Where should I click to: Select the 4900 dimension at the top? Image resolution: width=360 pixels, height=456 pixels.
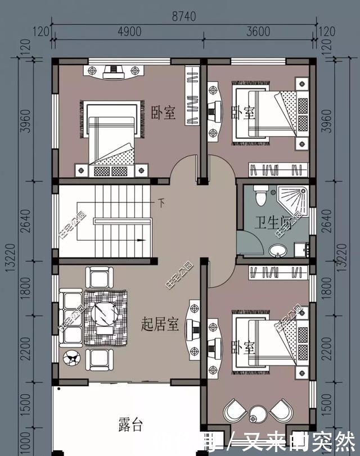click(129, 32)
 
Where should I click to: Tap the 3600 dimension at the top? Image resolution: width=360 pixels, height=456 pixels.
click(258, 32)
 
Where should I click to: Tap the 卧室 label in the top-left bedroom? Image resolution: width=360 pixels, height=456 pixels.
click(163, 114)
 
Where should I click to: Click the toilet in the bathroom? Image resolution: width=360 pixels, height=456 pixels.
click(260, 195)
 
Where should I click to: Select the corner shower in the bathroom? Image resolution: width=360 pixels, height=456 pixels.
click(295, 201)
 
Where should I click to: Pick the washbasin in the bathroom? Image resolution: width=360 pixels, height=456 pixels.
click(277, 251)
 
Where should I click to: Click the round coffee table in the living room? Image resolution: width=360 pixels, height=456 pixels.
click(104, 313)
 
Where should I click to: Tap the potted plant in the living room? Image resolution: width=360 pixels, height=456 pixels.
click(72, 358)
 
